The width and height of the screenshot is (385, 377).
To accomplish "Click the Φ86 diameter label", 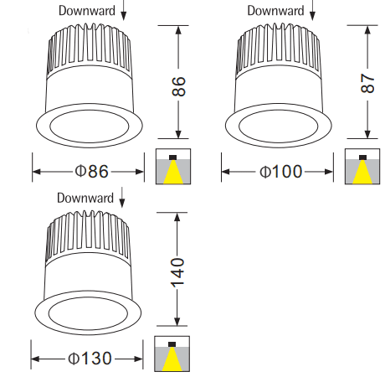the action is click(91, 171).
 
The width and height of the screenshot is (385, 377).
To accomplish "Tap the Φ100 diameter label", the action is click(281, 171).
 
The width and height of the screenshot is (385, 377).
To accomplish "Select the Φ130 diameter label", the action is click(90, 359).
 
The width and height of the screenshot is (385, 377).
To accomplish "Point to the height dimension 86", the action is click(178, 86).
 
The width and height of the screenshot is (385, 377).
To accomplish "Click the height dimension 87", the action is click(367, 83).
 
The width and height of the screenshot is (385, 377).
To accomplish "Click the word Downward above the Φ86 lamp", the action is click(87, 11).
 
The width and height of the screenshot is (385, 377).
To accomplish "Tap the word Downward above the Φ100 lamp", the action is click(275, 11).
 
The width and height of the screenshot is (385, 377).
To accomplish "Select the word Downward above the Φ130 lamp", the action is click(85, 198).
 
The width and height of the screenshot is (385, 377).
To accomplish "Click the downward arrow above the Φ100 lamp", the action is click(313, 10).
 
